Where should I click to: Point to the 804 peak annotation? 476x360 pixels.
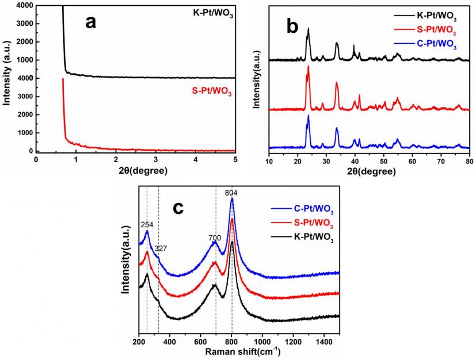[232, 193]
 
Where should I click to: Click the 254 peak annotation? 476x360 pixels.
[147, 224]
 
